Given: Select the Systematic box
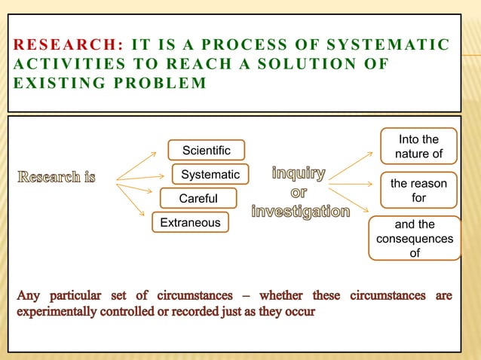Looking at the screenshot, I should [x=210, y=175].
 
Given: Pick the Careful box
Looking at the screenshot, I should [x=198, y=199].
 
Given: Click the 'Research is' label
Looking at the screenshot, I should [x=57, y=178].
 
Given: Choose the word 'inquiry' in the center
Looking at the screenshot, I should [x=299, y=175].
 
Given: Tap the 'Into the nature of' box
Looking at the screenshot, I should [x=418, y=148].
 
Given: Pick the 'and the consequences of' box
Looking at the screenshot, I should [x=414, y=238].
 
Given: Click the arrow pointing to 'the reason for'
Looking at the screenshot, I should [x=351, y=183].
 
